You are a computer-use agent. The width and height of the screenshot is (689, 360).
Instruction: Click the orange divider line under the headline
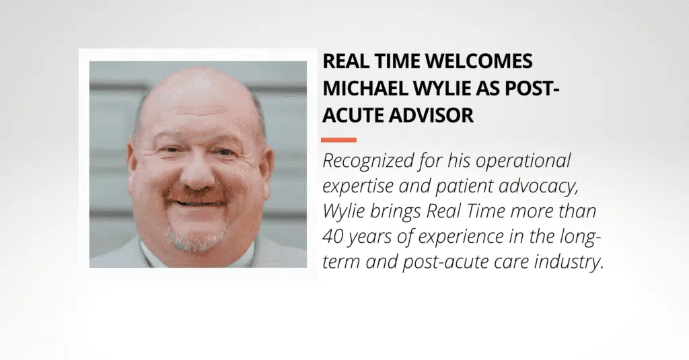tap(339, 140)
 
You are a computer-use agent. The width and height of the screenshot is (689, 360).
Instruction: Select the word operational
tap(523, 160)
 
